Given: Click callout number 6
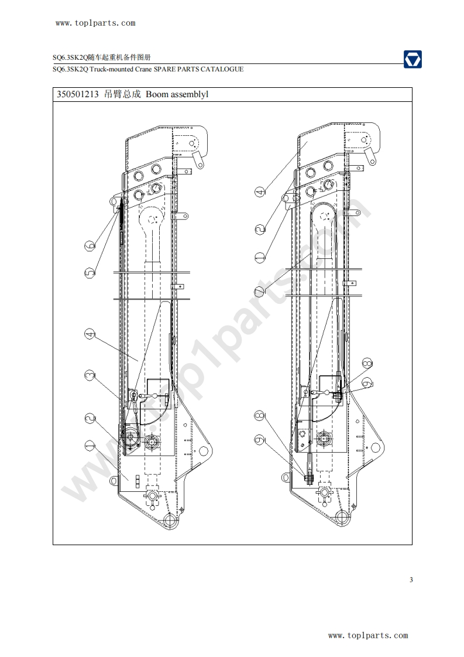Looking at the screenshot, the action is tap(90, 245).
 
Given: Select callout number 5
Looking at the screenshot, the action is tap(90, 273).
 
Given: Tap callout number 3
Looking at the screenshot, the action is tap(90, 375).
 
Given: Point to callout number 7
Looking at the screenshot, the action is tap(260, 291).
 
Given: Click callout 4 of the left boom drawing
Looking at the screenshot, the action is tap(90, 334).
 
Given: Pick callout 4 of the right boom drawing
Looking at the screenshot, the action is tap(260, 192).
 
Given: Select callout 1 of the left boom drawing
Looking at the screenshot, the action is tap(90, 446).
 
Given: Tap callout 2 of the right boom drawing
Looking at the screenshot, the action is tap(260, 229).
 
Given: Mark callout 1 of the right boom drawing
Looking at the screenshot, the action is tap(260, 257).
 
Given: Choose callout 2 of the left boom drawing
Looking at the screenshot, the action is tap(90, 418).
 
